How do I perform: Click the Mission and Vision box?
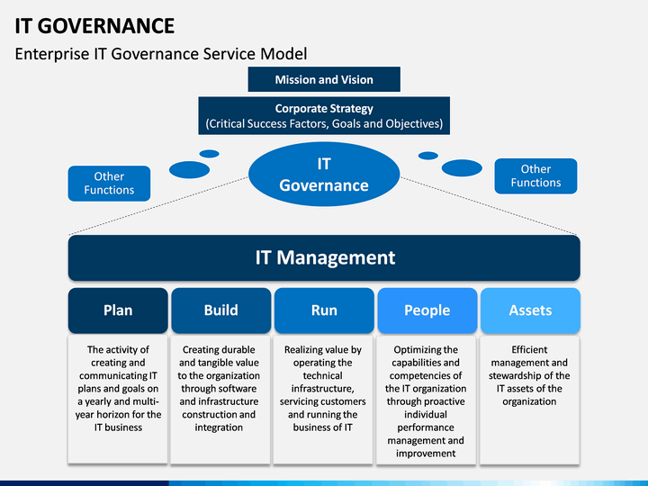(x=324, y=79)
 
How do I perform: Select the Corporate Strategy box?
(x=324, y=116)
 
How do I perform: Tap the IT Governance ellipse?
(x=324, y=175)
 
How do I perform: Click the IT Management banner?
(x=324, y=258)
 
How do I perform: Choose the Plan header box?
(x=118, y=310)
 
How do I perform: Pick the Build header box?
(x=221, y=310)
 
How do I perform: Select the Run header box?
(x=324, y=310)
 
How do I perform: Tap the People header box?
(x=427, y=310)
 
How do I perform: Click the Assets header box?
(x=530, y=310)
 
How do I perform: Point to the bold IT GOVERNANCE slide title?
(x=94, y=25)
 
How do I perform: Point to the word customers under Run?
(x=344, y=401)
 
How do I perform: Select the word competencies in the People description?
(x=420, y=375)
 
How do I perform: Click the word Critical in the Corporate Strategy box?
(x=226, y=123)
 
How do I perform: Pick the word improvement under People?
(x=426, y=454)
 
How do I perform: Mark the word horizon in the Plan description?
(x=112, y=415)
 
